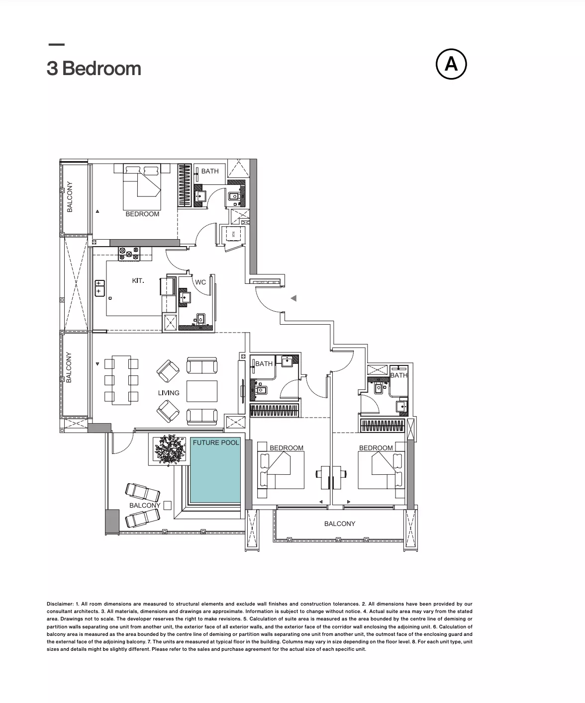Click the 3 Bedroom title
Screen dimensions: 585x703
click(x=94, y=68)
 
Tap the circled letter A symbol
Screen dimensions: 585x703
click(x=451, y=64)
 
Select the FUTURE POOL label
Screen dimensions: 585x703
click(x=216, y=442)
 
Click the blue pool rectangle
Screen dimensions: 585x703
click(x=215, y=470)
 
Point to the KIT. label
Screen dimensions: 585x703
click(x=138, y=280)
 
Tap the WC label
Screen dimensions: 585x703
click(x=200, y=282)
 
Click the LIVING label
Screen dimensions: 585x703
click(x=169, y=393)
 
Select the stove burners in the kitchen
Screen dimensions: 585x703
click(x=129, y=254)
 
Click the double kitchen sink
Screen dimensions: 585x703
click(x=100, y=288)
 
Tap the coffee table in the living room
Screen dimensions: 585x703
click(x=202, y=391)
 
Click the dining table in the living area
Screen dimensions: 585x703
click(x=121, y=380)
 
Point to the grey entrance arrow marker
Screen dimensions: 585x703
click(x=293, y=298)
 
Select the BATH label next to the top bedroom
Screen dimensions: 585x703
click(x=210, y=171)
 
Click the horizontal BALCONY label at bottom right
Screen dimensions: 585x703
click(x=340, y=524)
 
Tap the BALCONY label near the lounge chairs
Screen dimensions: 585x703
click(x=145, y=505)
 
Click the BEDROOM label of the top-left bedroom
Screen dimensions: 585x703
click(x=142, y=214)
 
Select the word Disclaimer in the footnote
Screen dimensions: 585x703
click(x=60, y=604)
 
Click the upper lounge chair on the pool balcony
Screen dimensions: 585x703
click(x=143, y=492)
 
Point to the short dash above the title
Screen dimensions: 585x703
click(x=57, y=44)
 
